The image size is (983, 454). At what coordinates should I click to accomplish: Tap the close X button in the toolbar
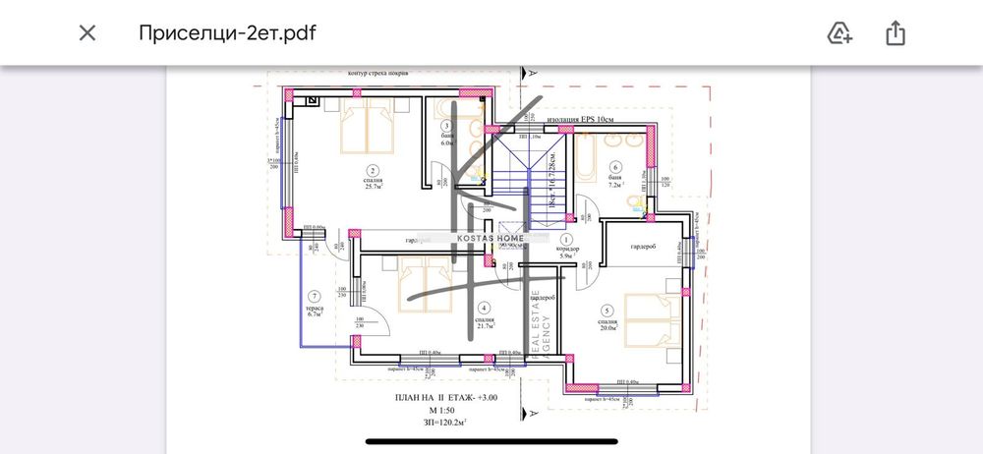[87, 32]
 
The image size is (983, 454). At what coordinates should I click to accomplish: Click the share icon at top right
[895, 32]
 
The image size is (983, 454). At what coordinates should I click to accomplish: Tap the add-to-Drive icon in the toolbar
[839, 32]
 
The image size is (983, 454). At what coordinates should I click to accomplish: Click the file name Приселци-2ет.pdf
[227, 32]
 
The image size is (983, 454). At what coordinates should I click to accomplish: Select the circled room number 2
[373, 171]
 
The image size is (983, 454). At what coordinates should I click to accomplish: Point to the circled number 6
[616, 167]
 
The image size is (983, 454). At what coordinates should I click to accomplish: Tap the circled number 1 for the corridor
[566, 239]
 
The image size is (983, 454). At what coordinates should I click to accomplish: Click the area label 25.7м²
[373, 189]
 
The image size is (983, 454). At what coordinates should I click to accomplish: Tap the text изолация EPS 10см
[580, 120]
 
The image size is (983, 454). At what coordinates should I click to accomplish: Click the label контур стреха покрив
[385, 73]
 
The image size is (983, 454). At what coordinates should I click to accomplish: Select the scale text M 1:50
[438, 409]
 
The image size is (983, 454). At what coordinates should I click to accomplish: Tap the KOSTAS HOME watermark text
[488, 239]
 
